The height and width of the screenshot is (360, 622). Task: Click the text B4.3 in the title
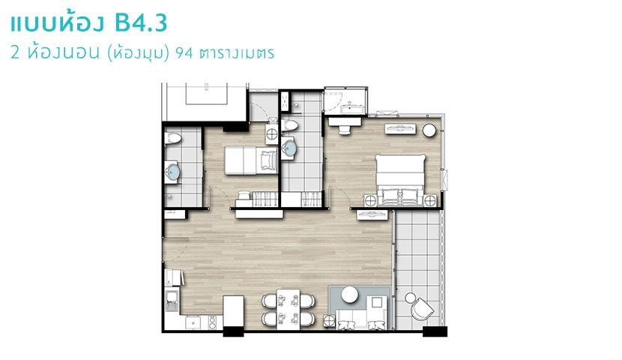140,23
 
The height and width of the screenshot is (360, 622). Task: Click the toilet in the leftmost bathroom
172,139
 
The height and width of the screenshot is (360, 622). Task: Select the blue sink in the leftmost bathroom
172,172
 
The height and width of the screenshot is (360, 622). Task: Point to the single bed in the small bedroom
251,160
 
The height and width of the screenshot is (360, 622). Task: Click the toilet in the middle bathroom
289,125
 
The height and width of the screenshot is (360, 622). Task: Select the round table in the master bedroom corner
429,130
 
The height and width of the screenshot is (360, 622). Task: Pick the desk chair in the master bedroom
344,130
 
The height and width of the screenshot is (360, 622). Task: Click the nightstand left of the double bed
370,200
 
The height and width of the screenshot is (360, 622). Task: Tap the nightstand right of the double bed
430,200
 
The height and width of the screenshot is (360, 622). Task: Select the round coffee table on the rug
350,295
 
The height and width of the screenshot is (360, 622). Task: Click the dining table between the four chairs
288,310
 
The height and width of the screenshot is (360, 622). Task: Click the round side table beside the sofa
329,321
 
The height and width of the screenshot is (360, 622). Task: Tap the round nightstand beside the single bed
272,134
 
